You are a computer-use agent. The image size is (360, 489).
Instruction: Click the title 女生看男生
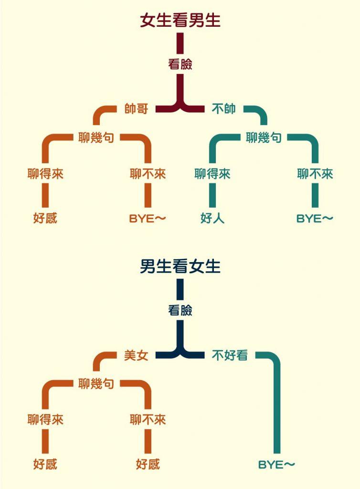click(180, 21)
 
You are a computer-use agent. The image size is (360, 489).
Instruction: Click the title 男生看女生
click(180, 266)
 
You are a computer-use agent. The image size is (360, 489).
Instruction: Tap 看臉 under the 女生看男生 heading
click(180, 64)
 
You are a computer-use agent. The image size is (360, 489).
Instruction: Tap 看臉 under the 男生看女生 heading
click(180, 310)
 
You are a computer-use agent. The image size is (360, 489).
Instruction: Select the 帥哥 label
click(136, 109)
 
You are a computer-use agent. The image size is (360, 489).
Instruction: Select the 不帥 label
click(223, 109)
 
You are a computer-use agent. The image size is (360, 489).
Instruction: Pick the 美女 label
click(136, 355)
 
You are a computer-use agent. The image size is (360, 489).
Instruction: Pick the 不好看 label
click(230, 355)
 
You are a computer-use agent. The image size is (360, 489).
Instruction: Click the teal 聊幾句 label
click(264, 138)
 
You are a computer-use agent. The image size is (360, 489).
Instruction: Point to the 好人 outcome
click(212, 219)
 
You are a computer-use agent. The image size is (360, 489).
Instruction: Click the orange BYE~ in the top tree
click(148, 219)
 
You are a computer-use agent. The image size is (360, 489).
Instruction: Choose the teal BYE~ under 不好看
click(277, 464)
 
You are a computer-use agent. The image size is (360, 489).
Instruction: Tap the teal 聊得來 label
click(212, 174)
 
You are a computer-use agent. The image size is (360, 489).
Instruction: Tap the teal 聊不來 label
click(315, 174)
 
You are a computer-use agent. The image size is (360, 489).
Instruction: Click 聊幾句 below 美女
click(96, 383)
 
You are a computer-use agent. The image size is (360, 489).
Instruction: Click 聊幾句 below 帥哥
click(96, 138)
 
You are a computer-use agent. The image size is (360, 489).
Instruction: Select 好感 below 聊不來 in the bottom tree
click(148, 464)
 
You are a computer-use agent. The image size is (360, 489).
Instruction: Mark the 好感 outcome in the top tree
click(45, 219)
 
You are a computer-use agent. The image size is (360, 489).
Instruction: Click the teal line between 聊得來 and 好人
click(212, 196)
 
